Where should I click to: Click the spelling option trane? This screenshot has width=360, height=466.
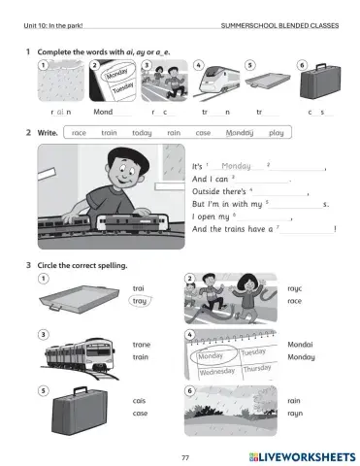tap(143, 345)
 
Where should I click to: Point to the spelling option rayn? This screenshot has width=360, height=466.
tap(296, 414)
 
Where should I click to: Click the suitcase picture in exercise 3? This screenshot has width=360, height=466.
tap(74, 408)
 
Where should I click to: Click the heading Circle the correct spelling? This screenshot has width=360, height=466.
tap(82, 265)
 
